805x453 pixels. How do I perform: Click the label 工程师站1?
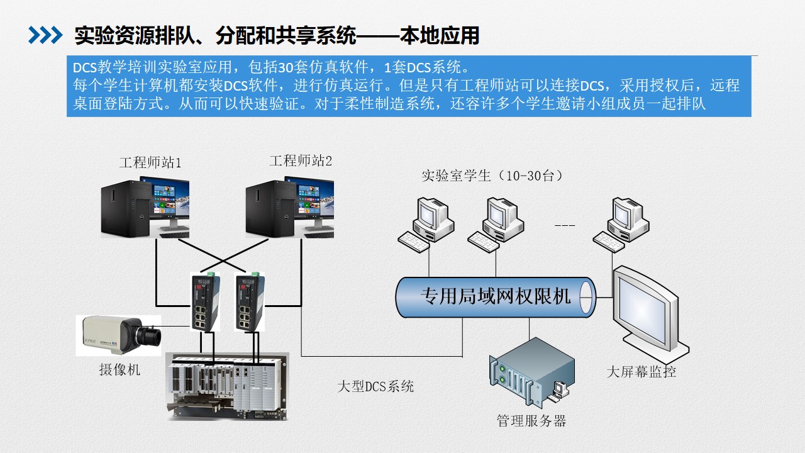coord(150,162)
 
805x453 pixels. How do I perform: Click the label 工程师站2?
coord(301,160)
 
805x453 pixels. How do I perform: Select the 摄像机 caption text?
coord(119,369)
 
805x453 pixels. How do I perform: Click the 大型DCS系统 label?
coord(375,386)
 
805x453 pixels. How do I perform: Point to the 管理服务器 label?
coord(531,421)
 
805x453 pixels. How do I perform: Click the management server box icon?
coord(531,372)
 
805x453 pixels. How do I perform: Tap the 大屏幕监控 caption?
coord(641,372)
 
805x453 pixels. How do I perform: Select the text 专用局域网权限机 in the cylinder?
coord(496,296)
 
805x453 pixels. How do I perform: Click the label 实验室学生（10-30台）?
coord(492,176)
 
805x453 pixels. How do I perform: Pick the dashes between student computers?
coord(565,225)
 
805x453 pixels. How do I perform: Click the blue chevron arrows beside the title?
coord(45,35)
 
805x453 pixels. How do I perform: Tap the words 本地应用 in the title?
coord(440,36)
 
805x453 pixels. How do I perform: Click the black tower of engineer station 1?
coord(125,208)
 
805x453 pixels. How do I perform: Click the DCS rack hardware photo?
coord(228,386)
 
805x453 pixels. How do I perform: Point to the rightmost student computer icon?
coord(621,225)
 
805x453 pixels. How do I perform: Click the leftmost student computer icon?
coord(426,225)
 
